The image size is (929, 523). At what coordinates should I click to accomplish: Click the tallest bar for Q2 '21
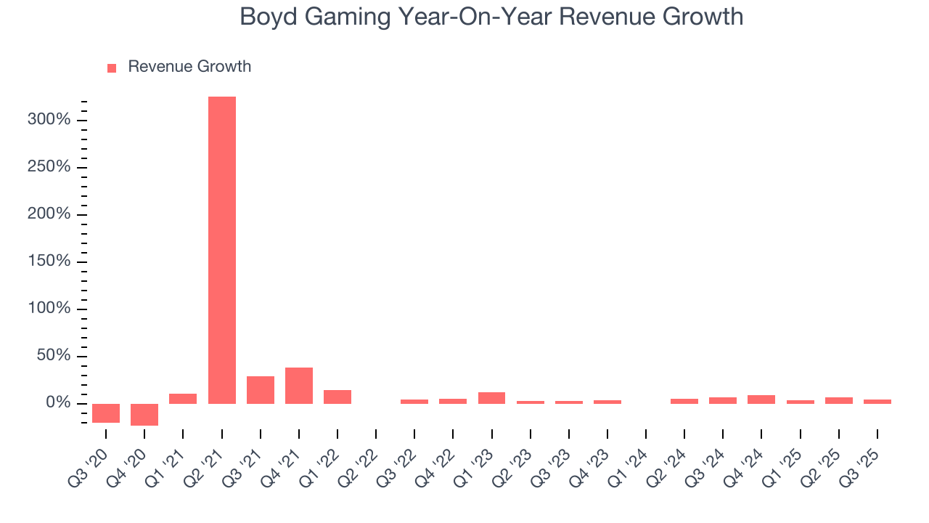tap(222, 250)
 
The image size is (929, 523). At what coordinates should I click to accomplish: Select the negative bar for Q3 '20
tap(106, 413)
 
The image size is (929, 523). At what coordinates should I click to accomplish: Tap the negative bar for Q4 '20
tap(144, 414)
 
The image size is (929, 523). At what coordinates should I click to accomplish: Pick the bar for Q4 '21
tap(299, 386)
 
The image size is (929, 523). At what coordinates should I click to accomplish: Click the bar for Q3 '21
tap(261, 390)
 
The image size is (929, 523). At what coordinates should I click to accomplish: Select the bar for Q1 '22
tap(337, 397)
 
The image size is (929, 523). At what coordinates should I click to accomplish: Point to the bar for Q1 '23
tap(491, 398)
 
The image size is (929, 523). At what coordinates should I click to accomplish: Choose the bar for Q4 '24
tap(761, 400)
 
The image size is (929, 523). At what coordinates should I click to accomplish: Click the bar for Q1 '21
tap(183, 399)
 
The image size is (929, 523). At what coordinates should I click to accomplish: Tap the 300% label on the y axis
tap(49, 120)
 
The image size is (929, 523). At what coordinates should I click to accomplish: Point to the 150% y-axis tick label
tap(49, 261)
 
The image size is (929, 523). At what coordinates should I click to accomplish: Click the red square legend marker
tap(112, 68)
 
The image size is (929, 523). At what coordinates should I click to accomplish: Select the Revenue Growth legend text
tap(189, 67)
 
